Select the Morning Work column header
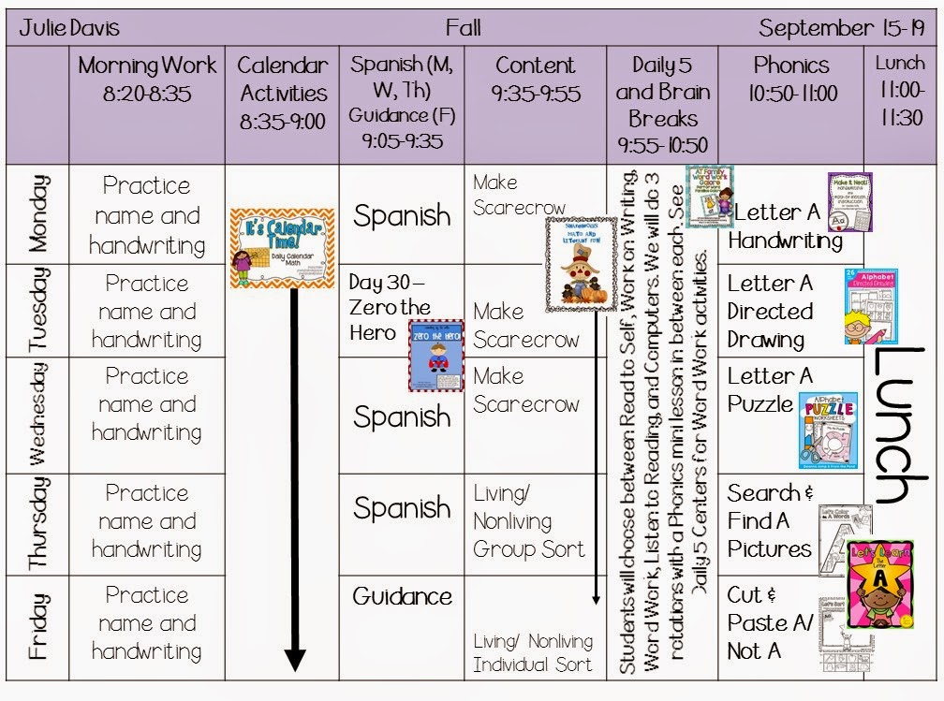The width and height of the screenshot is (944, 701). coord(147,79)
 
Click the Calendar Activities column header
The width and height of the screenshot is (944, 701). coord(282,93)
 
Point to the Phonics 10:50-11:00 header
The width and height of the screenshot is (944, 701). coord(791,79)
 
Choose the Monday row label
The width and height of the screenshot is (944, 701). coord(37,213)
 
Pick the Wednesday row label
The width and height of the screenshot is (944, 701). coord(37,415)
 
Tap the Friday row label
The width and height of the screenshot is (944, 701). coord(37,626)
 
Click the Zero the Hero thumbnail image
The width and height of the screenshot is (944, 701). coord(435,355)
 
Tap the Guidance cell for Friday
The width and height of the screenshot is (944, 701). coord(402,596)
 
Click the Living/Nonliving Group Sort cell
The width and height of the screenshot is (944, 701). coord(528,521)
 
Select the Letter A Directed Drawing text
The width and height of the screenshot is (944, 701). coord(771,311)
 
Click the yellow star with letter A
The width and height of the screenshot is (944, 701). coord(879,581)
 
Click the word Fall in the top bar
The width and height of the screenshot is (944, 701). coord(463,28)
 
